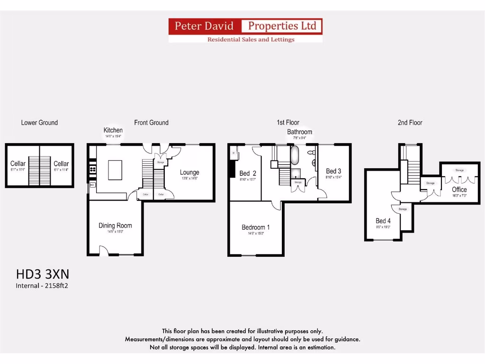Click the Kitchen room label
pos(113,130)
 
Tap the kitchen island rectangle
pos(115,170)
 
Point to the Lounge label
pos(189,173)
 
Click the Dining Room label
pos(115,226)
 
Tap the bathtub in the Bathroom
pos(294,155)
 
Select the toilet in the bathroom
pos(312,153)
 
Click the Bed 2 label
pos(248,173)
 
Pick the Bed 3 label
pos(333,171)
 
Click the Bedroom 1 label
pos(256,227)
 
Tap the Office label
pos(459,190)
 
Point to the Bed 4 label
pos(383,221)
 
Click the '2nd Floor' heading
pos(410,123)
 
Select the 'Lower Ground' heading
pos(39,123)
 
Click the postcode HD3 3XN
pos(43,274)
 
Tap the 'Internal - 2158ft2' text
pos(45,286)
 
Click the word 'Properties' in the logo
pos(281,26)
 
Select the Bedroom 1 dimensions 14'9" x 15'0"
pos(256,234)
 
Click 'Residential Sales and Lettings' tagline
pos(251,39)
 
